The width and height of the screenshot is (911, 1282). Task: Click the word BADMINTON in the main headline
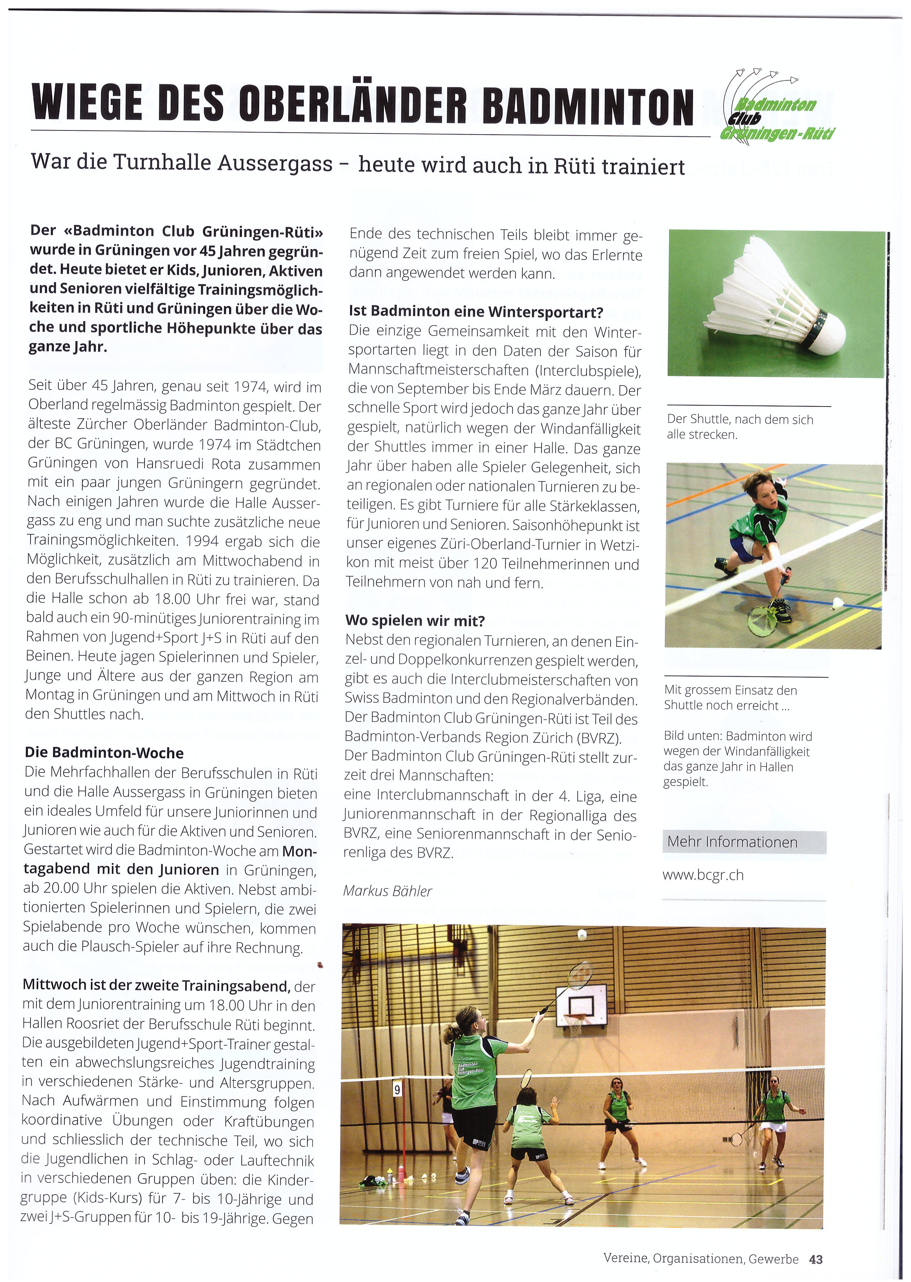pyautogui.click(x=587, y=105)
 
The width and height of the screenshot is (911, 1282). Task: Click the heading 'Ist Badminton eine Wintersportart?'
pyautogui.click(x=476, y=311)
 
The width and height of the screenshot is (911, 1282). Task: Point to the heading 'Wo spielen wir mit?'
pyautogui.click(x=415, y=620)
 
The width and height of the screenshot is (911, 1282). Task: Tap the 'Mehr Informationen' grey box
pyautogui.click(x=744, y=842)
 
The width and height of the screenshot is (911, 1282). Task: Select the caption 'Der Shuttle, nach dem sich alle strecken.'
pyautogui.click(x=739, y=427)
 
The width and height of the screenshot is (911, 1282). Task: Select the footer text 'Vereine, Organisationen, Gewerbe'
pyautogui.click(x=701, y=1259)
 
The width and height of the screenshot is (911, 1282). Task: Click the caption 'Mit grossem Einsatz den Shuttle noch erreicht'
pyautogui.click(x=730, y=698)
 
